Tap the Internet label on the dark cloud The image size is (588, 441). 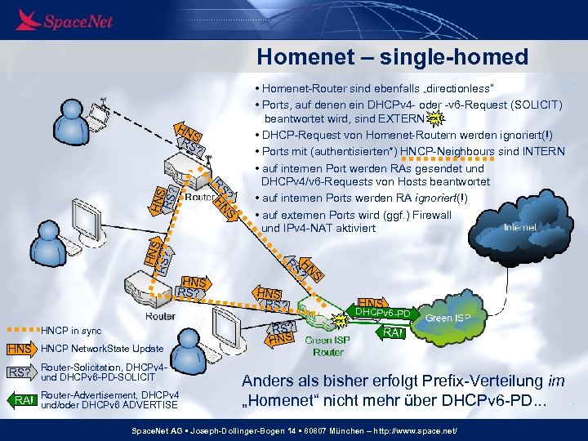click(x=520, y=227)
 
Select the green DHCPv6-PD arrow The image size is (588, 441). click(x=383, y=313)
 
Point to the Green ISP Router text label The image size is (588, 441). click(x=327, y=346)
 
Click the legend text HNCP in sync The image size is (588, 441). click(x=71, y=331)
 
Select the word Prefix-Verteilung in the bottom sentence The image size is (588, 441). click(x=474, y=381)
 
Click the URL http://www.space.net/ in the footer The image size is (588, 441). click(x=425, y=430)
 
